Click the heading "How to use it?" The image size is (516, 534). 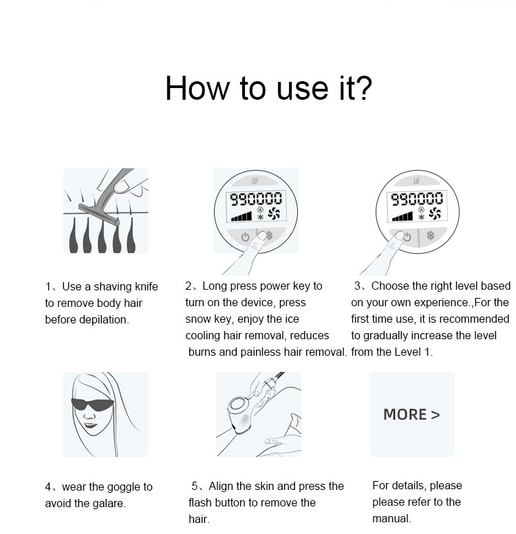(x=268, y=88)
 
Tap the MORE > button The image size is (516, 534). (x=411, y=414)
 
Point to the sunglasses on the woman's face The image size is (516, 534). (x=92, y=405)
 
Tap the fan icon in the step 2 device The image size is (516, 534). (x=275, y=215)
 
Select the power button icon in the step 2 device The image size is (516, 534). (x=244, y=237)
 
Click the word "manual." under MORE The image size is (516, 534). (x=391, y=518)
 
